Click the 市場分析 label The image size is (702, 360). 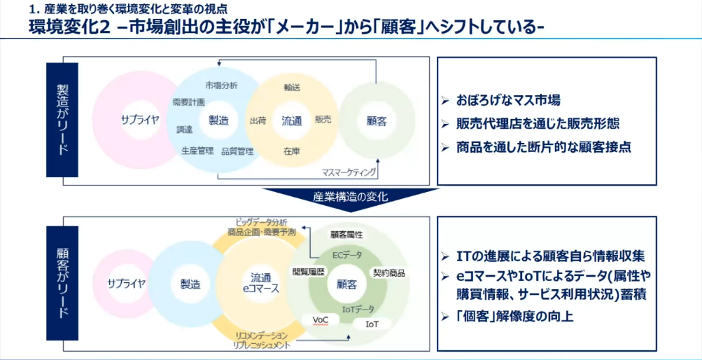point(221,85)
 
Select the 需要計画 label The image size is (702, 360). point(188,102)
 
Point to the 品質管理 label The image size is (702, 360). point(237,151)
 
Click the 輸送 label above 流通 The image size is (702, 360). point(292,88)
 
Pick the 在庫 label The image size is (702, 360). point(292,151)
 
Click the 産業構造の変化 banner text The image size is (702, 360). point(350,197)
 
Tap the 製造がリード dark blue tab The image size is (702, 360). point(62,120)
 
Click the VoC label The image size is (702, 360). point(320,319)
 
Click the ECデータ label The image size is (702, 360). point(347,254)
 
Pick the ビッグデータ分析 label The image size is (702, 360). point(261,222)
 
